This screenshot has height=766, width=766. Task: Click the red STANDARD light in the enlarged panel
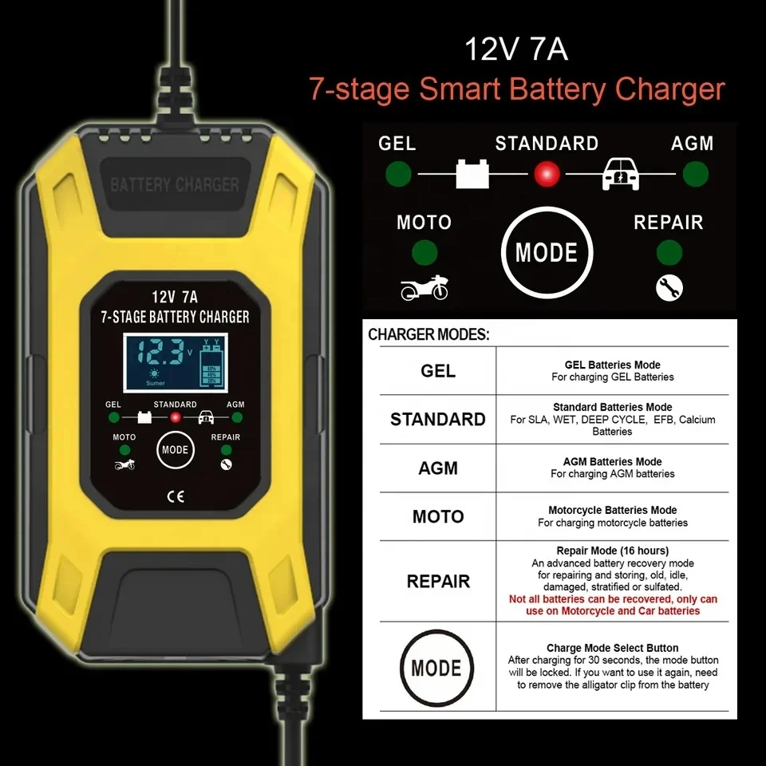point(547,173)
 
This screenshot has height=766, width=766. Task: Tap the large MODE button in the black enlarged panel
point(547,253)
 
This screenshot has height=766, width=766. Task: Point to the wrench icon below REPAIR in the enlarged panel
point(669,287)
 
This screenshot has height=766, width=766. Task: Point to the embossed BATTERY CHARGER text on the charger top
point(174,185)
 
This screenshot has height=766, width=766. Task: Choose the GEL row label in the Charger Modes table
point(437,371)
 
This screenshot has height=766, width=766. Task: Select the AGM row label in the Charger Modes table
point(437,468)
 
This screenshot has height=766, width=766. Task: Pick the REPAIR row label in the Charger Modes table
point(437,582)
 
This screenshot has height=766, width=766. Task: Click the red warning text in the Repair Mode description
point(613,605)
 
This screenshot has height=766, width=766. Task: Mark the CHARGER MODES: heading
point(428,335)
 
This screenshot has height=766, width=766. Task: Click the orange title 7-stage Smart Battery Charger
point(517,89)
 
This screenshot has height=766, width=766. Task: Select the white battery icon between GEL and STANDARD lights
point(472,173)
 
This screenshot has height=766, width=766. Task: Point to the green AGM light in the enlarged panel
point(696,173)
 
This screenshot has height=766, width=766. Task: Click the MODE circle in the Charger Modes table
point(436,668)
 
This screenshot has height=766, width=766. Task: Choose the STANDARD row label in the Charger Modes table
point(437,420)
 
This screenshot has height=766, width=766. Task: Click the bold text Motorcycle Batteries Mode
point(613,510)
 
